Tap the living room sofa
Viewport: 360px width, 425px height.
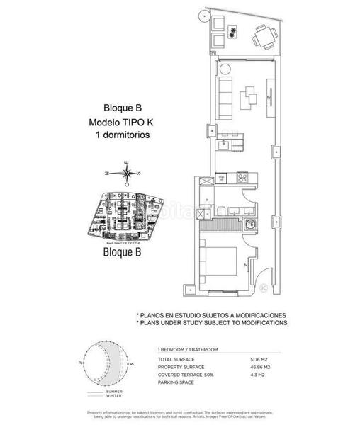[x=225, y=97]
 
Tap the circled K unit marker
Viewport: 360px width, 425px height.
[x=264, y=288]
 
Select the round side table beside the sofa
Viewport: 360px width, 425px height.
[x=223, y=69]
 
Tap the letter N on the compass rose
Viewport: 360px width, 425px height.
[x=106, y=172]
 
